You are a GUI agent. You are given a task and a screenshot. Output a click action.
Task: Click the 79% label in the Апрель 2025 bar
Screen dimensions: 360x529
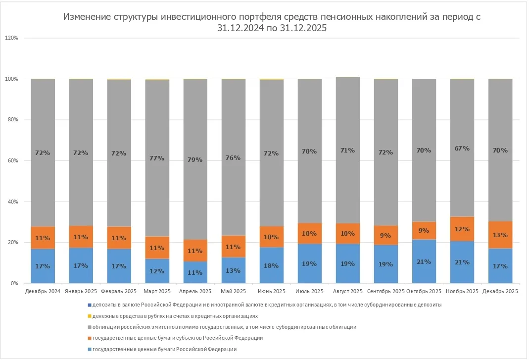[x=195, y=159]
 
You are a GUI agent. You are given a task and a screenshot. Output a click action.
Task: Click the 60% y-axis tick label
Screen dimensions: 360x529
[x=13, y=161]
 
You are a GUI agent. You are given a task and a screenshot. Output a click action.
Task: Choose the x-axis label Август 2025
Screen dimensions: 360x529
[x=347, y=291]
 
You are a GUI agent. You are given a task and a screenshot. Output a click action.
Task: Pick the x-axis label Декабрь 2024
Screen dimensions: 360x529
[x=43, y=291]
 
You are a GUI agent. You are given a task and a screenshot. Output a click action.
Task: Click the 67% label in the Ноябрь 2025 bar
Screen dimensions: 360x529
[x=462, y=148]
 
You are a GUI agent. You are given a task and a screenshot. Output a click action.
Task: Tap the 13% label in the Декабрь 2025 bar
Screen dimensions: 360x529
[x=500, y=235]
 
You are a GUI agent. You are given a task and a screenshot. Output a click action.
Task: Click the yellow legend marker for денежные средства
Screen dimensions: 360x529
[x=90, y=316]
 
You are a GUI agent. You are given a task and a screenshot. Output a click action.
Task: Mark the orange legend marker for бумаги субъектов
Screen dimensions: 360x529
[x=90, y=338]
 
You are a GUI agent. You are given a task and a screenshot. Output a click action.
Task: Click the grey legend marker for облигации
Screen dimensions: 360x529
[x=90, y=327]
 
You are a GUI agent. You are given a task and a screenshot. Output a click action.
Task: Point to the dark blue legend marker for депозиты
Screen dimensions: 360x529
[x=90, y=305]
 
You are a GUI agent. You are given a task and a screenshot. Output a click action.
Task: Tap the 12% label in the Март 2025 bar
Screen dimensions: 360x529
[x=157, y=271]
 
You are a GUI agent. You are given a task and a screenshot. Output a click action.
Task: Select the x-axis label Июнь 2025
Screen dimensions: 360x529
[x=271, y=291]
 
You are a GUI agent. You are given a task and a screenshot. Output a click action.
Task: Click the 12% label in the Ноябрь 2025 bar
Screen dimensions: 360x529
[x=462, y=229]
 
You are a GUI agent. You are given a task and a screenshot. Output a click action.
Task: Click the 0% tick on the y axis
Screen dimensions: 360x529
[x=14, y=284]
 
